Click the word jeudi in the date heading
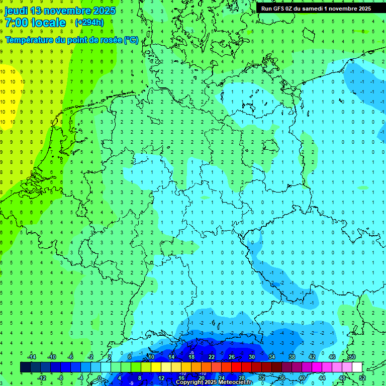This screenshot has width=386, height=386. (16, 11)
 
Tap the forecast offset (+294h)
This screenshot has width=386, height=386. (89, 22)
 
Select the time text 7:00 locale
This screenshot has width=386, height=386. (35, 23)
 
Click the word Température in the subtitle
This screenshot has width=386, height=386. (30, 40)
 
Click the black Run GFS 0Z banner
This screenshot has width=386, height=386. (316, 9)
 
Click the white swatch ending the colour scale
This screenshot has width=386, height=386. (357, 367)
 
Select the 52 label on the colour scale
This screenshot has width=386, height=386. (362, 377)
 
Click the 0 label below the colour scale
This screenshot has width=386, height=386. (100, 377)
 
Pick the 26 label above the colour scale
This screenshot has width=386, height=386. (231, 357)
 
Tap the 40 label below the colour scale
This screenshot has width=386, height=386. (302, 377)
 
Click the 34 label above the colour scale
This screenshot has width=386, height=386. (271, 357)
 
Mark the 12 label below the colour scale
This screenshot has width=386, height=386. (161, 377)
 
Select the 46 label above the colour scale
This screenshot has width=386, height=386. (332, 357)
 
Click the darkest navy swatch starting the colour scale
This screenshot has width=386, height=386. (25, 367)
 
